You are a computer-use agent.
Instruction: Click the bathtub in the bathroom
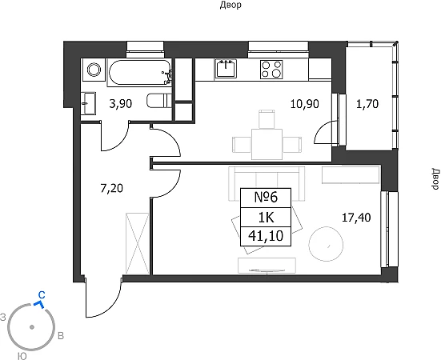tap(139, 72)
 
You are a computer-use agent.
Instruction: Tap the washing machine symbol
tap(94, 70)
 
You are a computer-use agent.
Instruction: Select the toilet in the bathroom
tap(159, 101)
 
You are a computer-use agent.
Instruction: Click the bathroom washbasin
tap(88, 103)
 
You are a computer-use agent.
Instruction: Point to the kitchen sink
tap(226, 68)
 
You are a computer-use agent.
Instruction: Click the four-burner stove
tap(271, 70)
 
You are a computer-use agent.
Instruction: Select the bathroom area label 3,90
tap(121, 104)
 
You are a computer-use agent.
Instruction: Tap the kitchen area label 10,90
tap(305, 104)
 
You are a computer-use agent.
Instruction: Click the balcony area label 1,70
tap(367, 104)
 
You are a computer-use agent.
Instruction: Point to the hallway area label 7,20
tap(112, 188)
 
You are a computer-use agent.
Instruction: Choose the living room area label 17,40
tap(356, 218)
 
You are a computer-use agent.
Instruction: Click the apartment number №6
tap(266, 198)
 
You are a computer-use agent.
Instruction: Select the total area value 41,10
tap(266, 236)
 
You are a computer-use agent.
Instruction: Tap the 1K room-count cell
tap(266, 218)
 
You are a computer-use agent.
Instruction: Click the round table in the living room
tap(326, 244)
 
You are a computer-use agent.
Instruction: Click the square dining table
tap(267, 144)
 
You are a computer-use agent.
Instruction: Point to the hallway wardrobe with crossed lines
tap(137, 243)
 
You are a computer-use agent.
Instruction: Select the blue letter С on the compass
tap(42, 295)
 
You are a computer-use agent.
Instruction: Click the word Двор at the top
tap(231, 5)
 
